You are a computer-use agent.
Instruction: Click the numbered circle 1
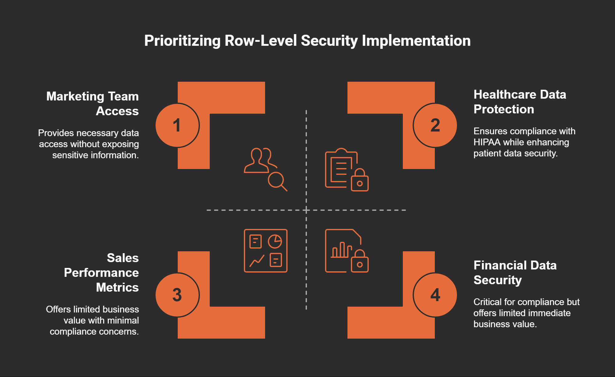pyautogui.click(x=177, y=125)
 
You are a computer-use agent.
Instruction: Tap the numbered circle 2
pyautogui.click(x=435, y=125)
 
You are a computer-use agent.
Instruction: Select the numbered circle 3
pyautogui.click(x=177, y=295)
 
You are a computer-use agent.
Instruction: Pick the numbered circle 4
pyautogui.click(x=435, y=295)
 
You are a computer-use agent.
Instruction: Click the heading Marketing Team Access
pyautogui.click(x=93, y=104)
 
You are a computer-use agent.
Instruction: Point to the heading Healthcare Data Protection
pyautogui.click(x=520, y=102)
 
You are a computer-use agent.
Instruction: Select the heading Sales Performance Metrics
pyautogui.click(x=101, y=273)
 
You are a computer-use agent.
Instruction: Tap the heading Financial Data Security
pyautogui.click(x=515, y=273)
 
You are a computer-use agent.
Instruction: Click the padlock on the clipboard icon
pyautogui.click(x=360, y=181)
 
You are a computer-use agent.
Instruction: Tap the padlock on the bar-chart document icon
pyautogui.click(x=360, y=262)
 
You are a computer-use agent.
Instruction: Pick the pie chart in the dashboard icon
pyautogui.click(x=275, y=242)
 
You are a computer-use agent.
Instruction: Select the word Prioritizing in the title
pyautogui.click(x=182, y=41)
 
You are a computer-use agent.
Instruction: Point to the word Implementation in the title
pyautogui.click(x=416, y=41)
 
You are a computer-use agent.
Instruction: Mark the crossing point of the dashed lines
pyautogui.click(x=306, y=210)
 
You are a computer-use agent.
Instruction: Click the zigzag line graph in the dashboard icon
pyautogui.click(x=257, y=261)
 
